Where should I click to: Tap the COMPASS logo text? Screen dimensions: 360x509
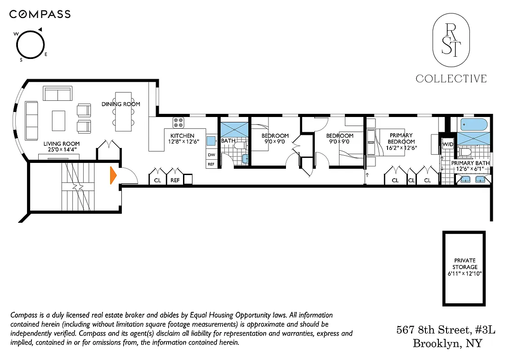[x=40, y=14]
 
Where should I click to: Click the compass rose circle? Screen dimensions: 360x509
[x=31, y=44]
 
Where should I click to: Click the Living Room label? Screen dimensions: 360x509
[x=62, y=144]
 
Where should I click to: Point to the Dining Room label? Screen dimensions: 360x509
[x=121, y=104]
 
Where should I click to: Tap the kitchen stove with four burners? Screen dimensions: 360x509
[x=178, y=122]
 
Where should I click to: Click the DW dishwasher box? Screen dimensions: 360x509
[x=211, y=155]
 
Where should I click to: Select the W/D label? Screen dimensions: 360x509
[x=448, y=144]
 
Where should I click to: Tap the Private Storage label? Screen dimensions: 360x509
[x=465, y=264]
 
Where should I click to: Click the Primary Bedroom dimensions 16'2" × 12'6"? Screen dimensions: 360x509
[x=402, y=147]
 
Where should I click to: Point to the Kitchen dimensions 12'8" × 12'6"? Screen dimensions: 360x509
[x=182, y=142]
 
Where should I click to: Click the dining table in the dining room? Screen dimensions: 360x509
[x=124, y=112]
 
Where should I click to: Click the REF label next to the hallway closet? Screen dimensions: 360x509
[x=174, y=180]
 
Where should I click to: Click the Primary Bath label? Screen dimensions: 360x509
[x=470, y=163]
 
